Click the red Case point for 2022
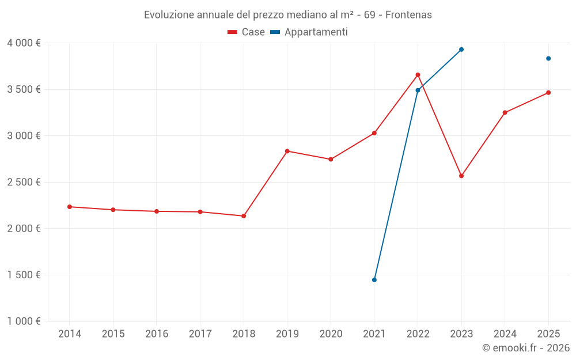tap(418, 75)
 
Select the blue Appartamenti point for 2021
tap(374, 280)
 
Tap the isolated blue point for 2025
tap(548, 58)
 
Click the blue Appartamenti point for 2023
tap(461, 50)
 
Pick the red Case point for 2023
tap(461, 176)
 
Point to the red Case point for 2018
tap(244, 216)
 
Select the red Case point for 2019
tap(287, 151)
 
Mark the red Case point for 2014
tap(69, 207)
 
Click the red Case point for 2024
tap(505, 113)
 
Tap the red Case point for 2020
tap(331, 159)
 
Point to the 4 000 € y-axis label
tap(24, 43)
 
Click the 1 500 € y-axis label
tap(24, 275)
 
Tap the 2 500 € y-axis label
tap(24, 182)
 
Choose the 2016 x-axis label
tap(157, 334)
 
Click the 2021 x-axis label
tap(374, 334)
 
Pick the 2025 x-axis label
tap(548, 334)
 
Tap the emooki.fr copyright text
tap(526, 348)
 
